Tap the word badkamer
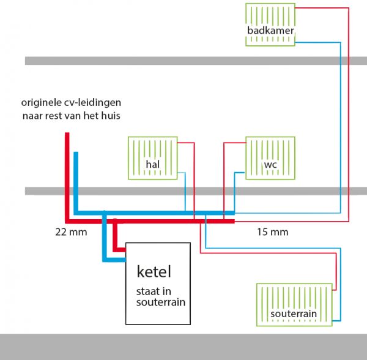click(x=270, y=31)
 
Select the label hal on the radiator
click(x=152, y=164)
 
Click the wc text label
click(x=270, y=164)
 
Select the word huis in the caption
click(x=116, y=116)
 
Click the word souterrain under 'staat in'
click(x=160, y=302)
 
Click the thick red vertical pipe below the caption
click(x=67, y=178)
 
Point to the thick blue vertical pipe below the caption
click(x=76, y=181)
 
